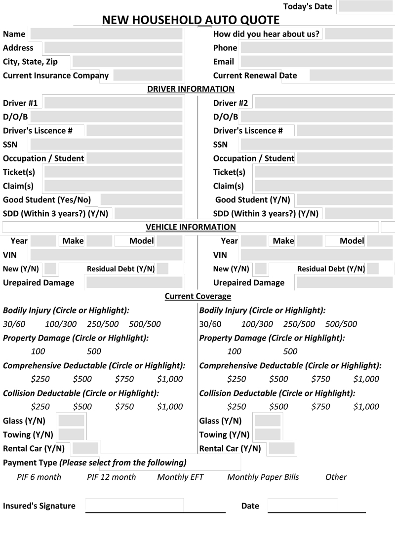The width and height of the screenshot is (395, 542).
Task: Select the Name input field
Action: [106, 34]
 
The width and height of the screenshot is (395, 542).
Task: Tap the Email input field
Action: [317, 62]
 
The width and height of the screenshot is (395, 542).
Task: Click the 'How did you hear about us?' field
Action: [358, 34]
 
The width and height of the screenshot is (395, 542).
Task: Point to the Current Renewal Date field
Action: [352, 76]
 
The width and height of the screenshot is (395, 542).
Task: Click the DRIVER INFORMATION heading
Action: [191, 89]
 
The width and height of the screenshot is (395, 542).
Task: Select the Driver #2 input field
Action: [324, 103]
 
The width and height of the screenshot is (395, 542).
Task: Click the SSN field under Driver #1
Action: [106, 145]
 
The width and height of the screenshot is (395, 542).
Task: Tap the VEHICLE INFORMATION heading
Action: [191, 227]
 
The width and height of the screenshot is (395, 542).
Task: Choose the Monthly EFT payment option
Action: [180, 477]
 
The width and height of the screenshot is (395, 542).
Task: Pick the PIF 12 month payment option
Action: [111, 477]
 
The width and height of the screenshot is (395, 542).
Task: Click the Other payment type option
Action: [336, 477]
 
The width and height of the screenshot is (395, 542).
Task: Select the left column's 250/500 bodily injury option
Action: [103, 324]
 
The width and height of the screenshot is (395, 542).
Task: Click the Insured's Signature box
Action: [134, 505]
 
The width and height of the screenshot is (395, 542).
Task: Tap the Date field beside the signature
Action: [303, 505]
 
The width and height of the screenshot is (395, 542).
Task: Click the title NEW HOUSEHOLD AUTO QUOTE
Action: [191, 20]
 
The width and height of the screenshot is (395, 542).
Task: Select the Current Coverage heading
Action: [197, 296]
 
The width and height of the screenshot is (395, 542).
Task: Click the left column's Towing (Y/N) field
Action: [72, 435]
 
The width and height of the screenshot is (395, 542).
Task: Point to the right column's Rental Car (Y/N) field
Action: [281, 449]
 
